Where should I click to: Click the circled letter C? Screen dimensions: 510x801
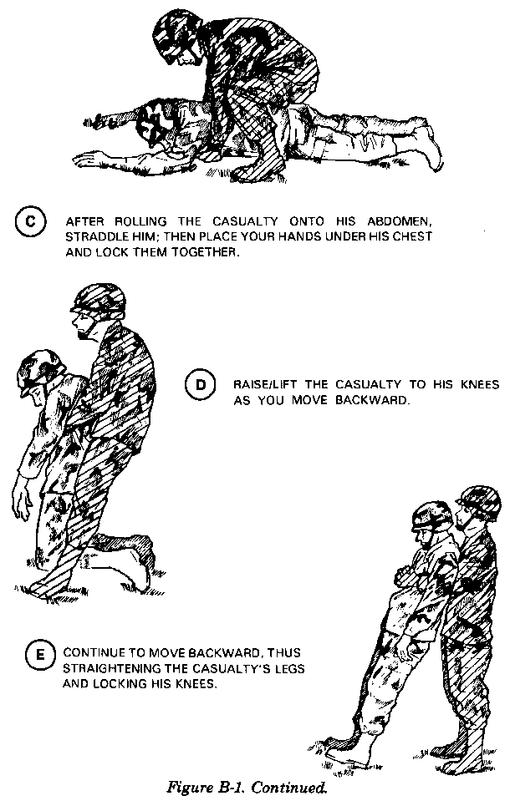coord(30,223)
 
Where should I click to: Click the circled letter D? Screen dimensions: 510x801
coord(200,384)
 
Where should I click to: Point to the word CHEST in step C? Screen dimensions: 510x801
coord(415,236)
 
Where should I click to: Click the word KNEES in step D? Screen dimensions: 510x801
coord(480,384)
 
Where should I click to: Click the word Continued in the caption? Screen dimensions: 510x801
coord(289,787)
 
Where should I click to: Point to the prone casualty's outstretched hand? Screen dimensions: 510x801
coord(89,160)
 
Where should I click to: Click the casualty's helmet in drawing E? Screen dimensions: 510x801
coord(433,515)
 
